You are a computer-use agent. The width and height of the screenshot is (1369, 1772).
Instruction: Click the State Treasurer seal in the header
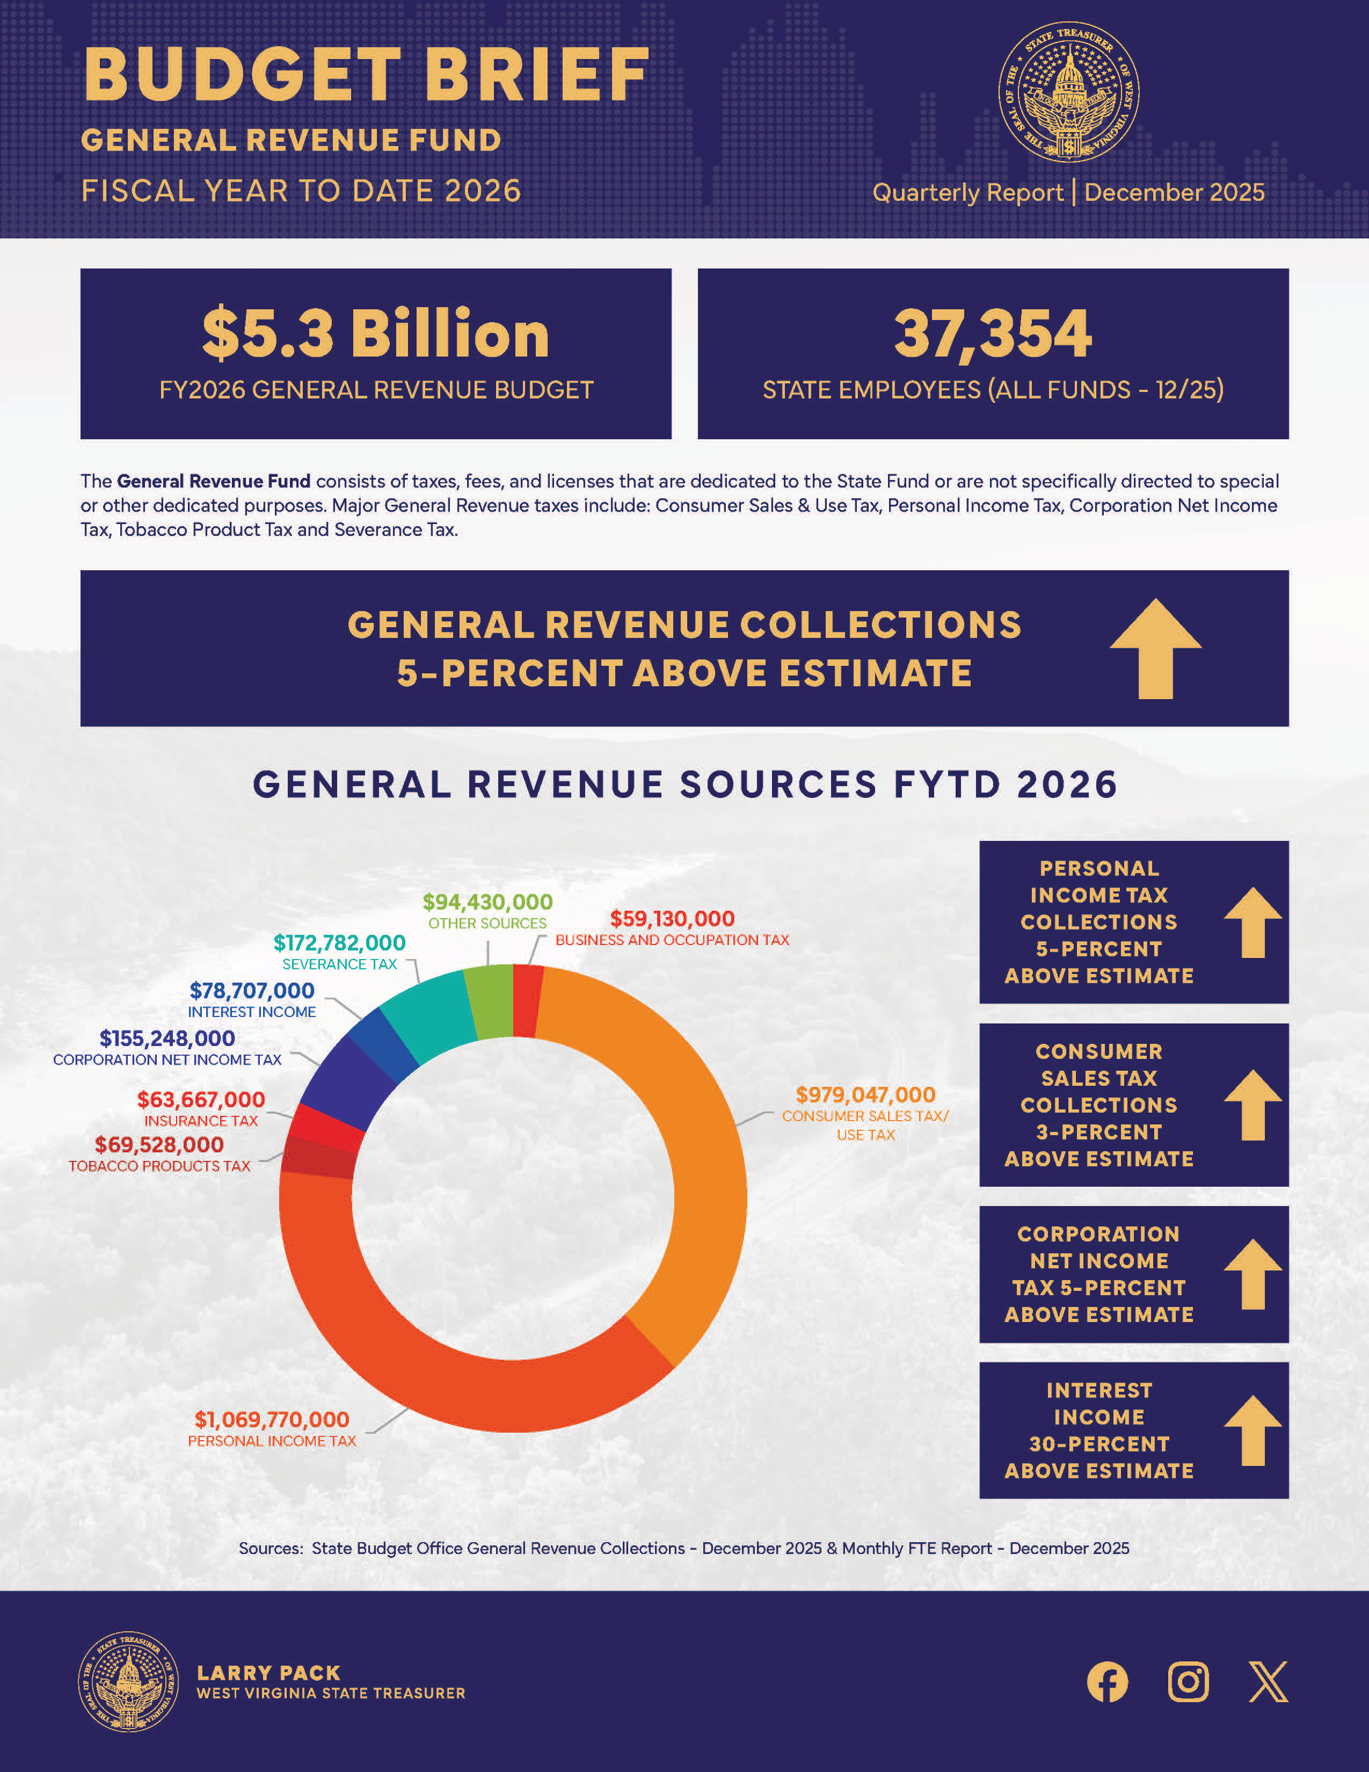click(x=1068, y=92)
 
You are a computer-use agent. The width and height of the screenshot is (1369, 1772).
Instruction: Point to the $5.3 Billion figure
click(x=375, y=333)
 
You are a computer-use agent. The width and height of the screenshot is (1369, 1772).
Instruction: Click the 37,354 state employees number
click(x=993, y=333)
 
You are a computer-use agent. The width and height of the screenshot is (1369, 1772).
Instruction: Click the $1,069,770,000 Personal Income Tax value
click(x=272, y=1419)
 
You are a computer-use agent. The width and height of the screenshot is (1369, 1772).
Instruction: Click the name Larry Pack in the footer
click(x=268, y=1673)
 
